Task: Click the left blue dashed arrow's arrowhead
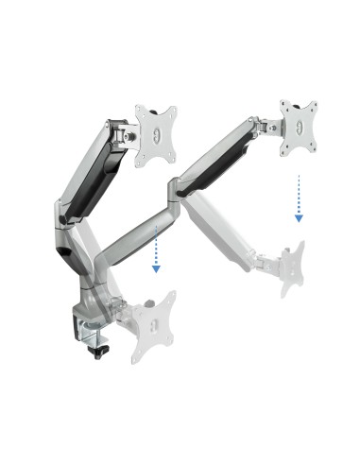[x=156, y=268]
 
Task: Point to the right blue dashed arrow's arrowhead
[x=299, y=217]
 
